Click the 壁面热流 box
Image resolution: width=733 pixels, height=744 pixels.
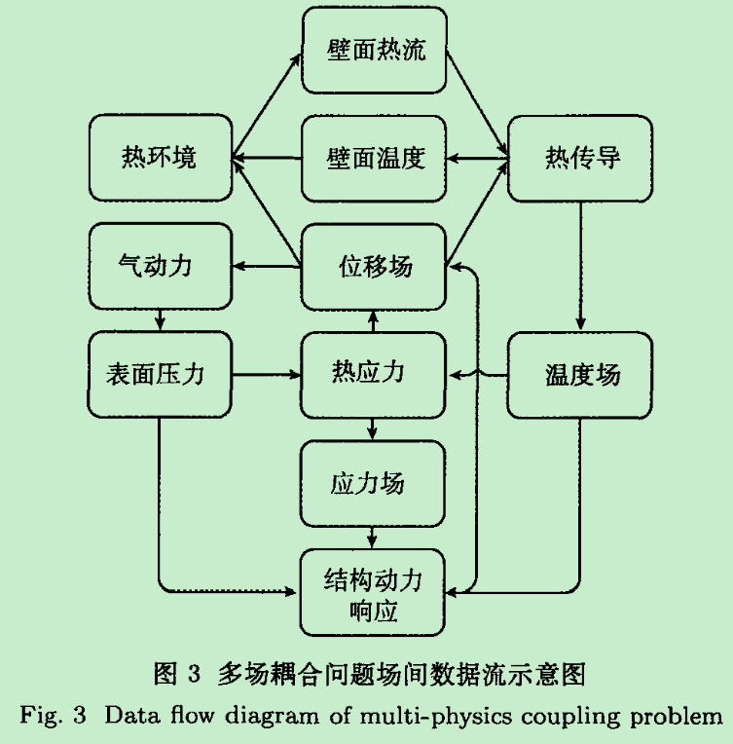tap(375, 50)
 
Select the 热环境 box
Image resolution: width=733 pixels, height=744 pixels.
tap(160, 157)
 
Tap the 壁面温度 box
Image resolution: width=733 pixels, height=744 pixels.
tap(375, 157)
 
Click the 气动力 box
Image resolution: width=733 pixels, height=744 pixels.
tap(160, 264)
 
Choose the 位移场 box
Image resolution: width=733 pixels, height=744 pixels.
tap(375, 265)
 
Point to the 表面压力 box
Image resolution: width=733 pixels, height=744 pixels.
tap(160, 373)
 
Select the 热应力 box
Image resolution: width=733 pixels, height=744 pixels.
tap(375, 373)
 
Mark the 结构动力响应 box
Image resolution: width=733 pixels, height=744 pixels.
tap(375, 593)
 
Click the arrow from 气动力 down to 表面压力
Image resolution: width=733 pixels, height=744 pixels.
tap(160, 318)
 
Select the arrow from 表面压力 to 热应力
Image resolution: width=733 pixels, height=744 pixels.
tap(266, 373)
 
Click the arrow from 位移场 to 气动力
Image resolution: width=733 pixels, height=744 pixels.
tap(266, 265)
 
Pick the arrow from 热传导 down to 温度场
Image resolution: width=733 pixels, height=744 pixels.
tap(582, 265)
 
